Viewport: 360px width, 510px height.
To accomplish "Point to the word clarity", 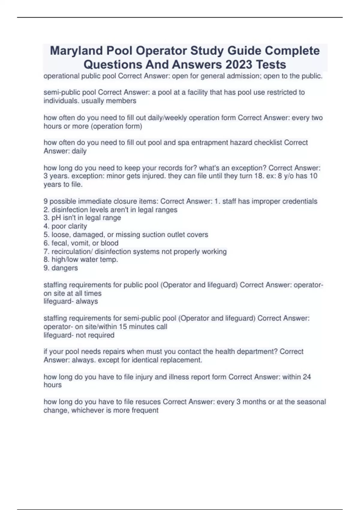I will pos(77,226).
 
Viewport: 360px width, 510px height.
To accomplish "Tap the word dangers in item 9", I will pos(64,268).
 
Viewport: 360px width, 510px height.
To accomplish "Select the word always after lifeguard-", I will pos(87,301).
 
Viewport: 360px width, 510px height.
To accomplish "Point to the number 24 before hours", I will pos(307,377).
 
